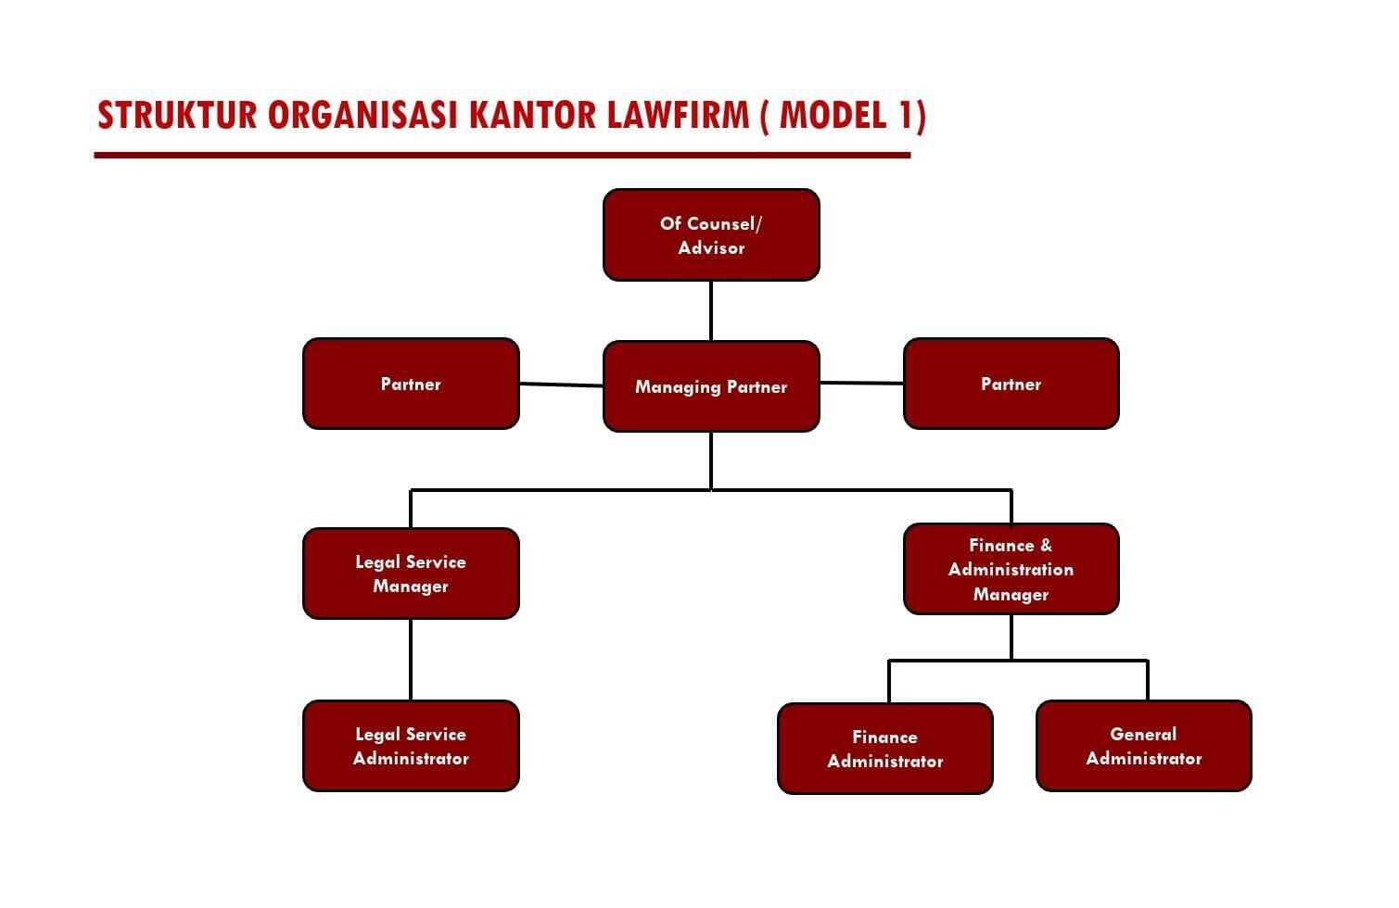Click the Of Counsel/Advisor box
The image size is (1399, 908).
click(x=711, y=234)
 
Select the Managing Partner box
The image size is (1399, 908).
click(x=711, y=386)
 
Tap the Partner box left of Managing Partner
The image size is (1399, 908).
click(x=411, y=384)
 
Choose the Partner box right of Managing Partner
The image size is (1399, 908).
click(x=1011, y=384)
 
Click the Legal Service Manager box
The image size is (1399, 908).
click(x=411, y=574)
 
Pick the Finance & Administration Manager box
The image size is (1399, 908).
click(x=1011, y=569)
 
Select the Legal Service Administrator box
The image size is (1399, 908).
click(x=411, y=746)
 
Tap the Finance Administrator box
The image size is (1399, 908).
click(x=885, y=749)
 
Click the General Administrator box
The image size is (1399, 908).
click(x=1143, y=746)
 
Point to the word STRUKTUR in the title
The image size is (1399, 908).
click(x=177, y=116)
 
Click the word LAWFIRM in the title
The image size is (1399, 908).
click(x=678, y=116)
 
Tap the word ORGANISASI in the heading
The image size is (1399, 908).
click(x=362, y=116)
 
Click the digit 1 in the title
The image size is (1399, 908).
click(x=905, y=116)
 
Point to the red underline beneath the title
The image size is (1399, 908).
click(x=502, y=155)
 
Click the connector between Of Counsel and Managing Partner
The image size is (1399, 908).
click(x=711, y=310)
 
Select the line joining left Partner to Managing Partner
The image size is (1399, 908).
click(x=561, y=385)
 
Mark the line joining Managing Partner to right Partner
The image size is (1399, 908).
click(x=861, y=383)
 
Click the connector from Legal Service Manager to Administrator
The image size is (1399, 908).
click(x=411, y=660)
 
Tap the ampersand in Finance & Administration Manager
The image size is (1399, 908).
click(x=1046, y=546)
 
